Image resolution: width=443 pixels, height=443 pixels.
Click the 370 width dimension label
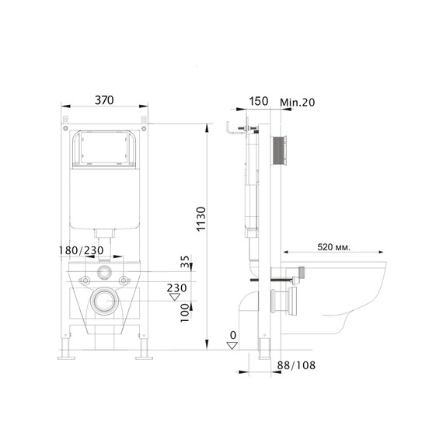click(104, 100)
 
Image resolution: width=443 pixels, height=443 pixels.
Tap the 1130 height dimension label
click(201, 219)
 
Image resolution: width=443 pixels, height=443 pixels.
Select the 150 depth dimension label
click(259, 101)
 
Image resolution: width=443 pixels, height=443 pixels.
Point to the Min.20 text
click(297, 103)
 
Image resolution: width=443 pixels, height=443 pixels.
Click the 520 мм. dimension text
click(333, 247)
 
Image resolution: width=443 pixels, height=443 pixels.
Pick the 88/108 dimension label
click(296, 365)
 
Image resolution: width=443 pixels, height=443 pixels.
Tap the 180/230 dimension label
click(81, 250)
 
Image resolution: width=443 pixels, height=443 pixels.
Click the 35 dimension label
click(185, 261)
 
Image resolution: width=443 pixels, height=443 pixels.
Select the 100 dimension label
click(185, 313)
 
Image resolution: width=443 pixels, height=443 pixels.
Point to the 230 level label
click(176, 288)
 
